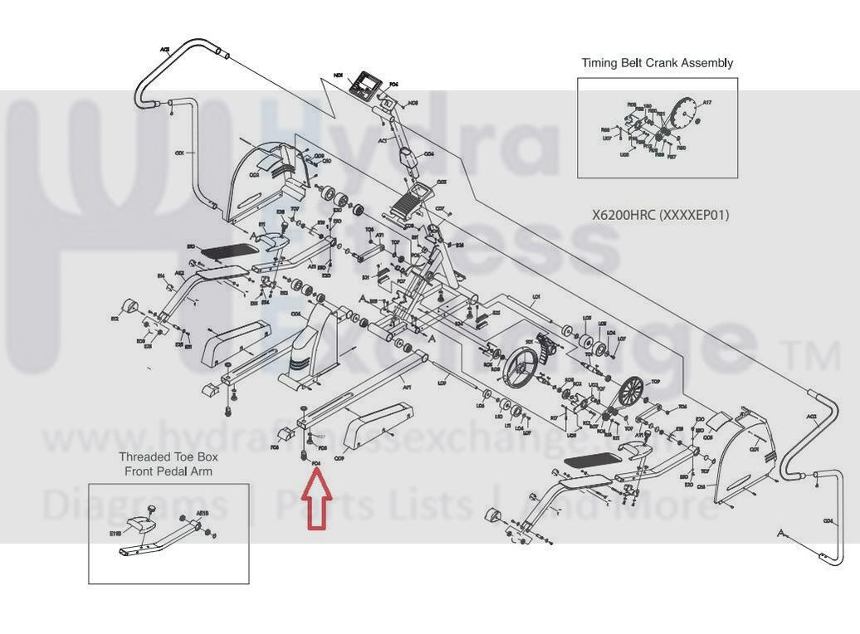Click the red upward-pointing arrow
pyautogui.click(x=317, y=502)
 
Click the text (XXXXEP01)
pyautogui.click(x=694, y=215)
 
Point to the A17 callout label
pyautogui.click(x=706, y=102)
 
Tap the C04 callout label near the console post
pyautogui.click(x=429, y=154)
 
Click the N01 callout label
pyautogui.click(x=338, y=76)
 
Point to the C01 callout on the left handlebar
pyautogui.click(x=178, y=154)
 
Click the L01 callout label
pyautogui.click(x=536, y=296)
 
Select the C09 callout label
pyautogui.click(x=339, y=458)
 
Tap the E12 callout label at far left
pyautogui.click(x=115, y=319)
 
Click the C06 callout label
pyautogui.click(x=296, y=315)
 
